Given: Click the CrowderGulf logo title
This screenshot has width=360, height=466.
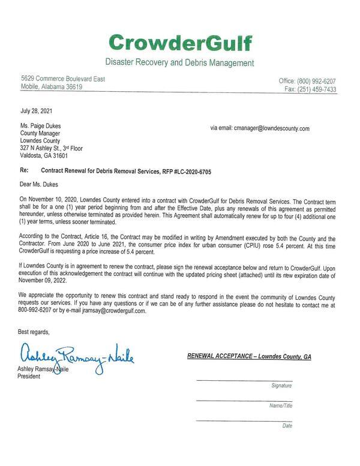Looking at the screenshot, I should point(180,43).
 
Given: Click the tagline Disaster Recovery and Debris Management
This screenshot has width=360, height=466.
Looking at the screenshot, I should point(180,62).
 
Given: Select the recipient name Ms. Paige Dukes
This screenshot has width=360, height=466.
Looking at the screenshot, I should point(43,127).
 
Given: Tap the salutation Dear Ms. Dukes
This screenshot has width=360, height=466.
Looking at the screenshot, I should point(41,185).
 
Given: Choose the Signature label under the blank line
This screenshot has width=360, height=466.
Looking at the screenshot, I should point(281,386).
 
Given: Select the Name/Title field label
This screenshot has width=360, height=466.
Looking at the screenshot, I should point(280,405).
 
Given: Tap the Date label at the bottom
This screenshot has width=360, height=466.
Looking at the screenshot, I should point(287,425).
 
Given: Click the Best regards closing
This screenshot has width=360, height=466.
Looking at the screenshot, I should point(34,332).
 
